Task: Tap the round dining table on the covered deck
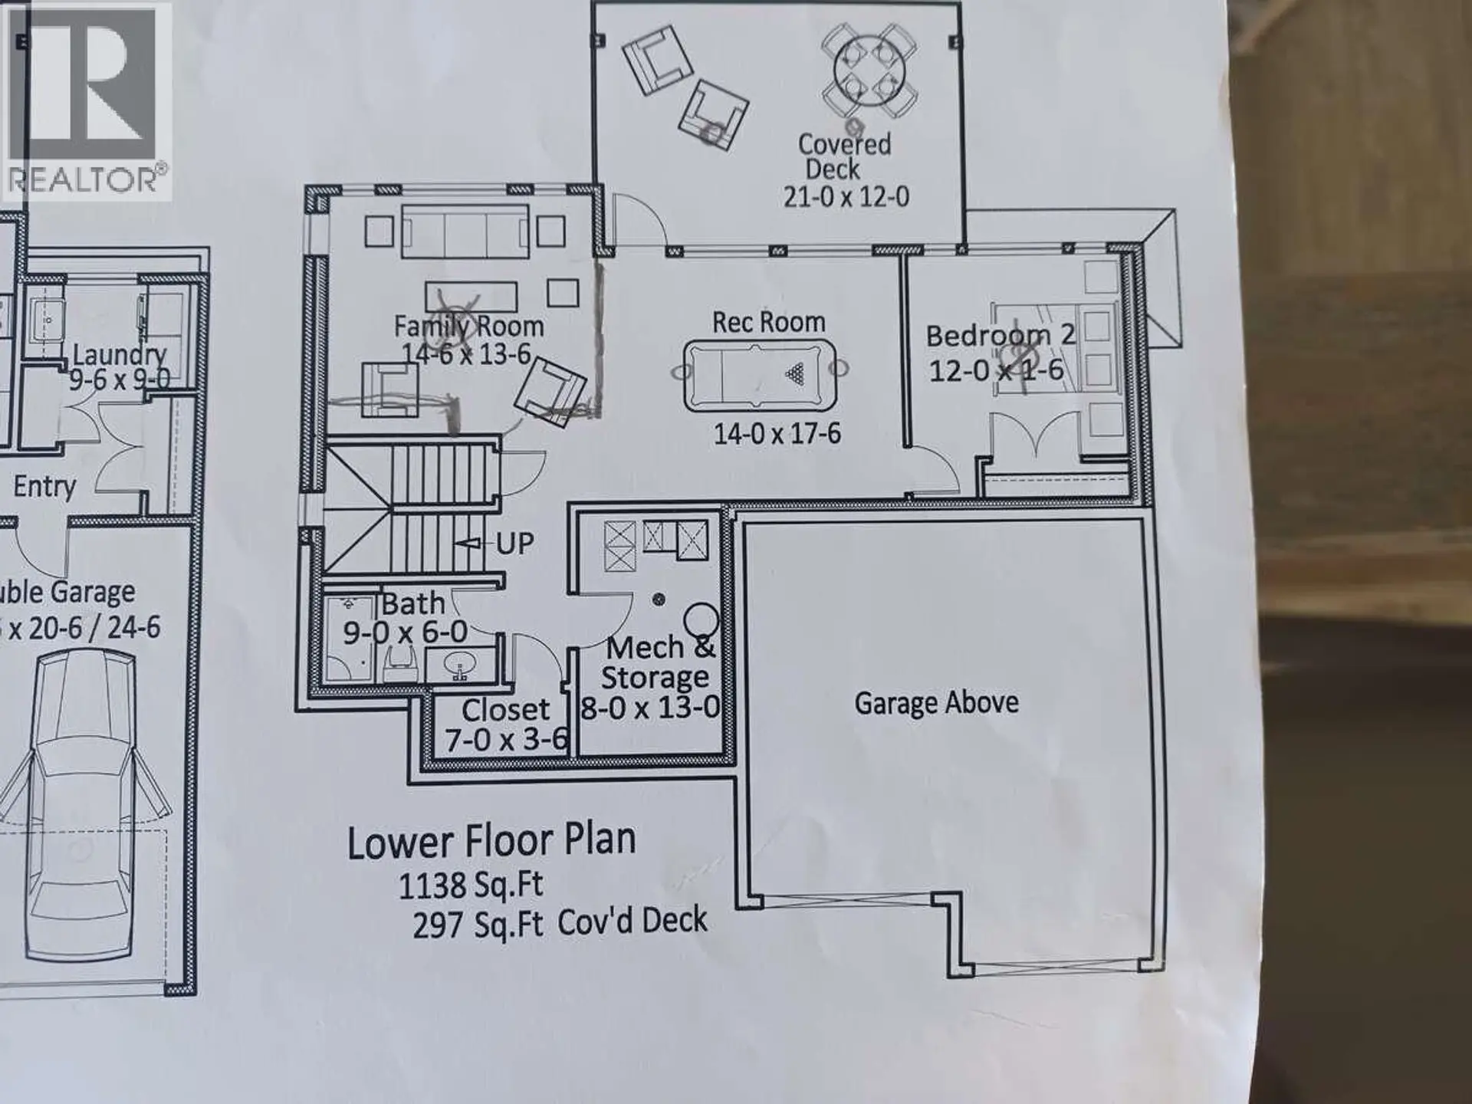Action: coord(869,71)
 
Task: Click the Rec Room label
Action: coord(768,322)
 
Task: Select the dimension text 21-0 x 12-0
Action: coord(846,197)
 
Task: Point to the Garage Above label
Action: coord(936,702)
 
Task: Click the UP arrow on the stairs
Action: coord(469,543)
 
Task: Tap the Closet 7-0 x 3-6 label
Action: coord(506,724)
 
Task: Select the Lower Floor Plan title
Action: coord(491,841)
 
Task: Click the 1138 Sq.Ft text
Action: coord(471,886)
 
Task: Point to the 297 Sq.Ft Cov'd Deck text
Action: coord(560,923)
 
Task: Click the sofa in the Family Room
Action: coord(465,231)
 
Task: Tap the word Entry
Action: coord(44,486)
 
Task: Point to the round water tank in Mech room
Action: coord(701,618)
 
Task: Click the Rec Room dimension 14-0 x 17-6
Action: coord(777,434)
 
